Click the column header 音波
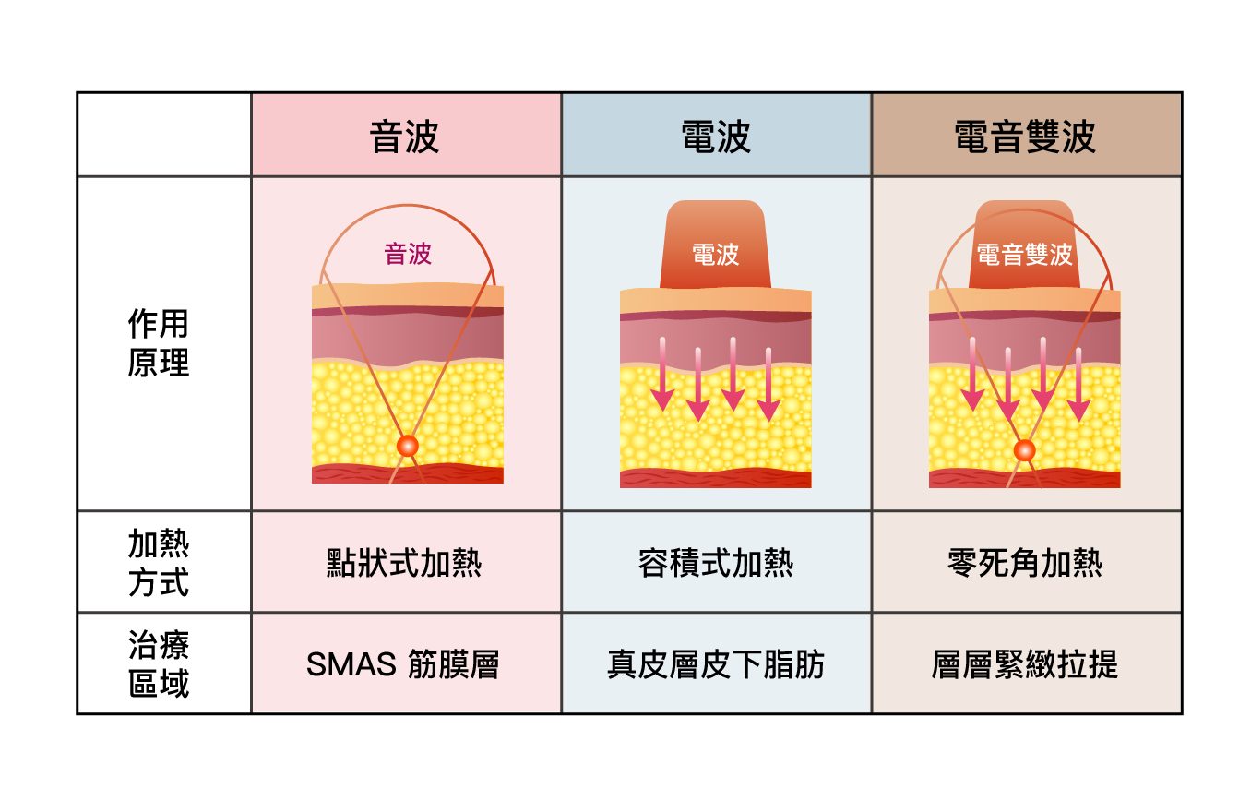(404, 137)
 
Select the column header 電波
(715, 137)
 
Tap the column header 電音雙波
(1025, 137)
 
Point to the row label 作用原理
(159, 343)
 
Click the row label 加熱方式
(159, 563)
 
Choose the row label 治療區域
(159, 663)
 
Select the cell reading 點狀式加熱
(404, 563)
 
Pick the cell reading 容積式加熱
(715, 563)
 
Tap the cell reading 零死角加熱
(1025, 563)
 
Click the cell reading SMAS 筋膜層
(402, 664)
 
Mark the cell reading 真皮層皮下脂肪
(715, 664)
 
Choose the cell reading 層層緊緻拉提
(1025, 664)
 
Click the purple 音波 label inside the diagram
(408, 254)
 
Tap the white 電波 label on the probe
(715, 255)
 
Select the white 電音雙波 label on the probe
(1024, 255)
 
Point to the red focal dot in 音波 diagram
(408, 446)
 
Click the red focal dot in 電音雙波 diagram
(1024, 450)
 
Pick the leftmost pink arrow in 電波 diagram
(662, 375)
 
